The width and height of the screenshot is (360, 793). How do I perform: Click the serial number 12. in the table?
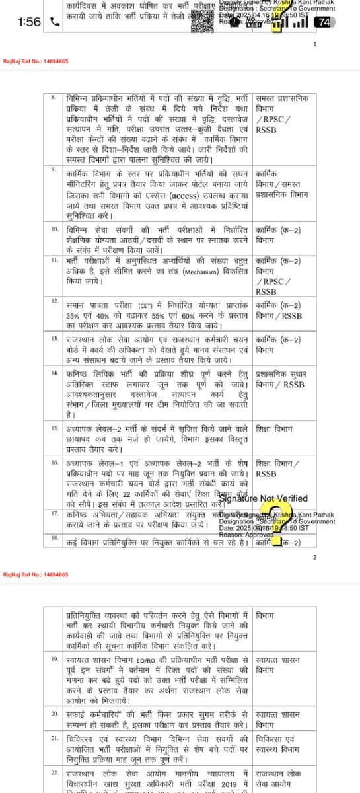tap(56, 301)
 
